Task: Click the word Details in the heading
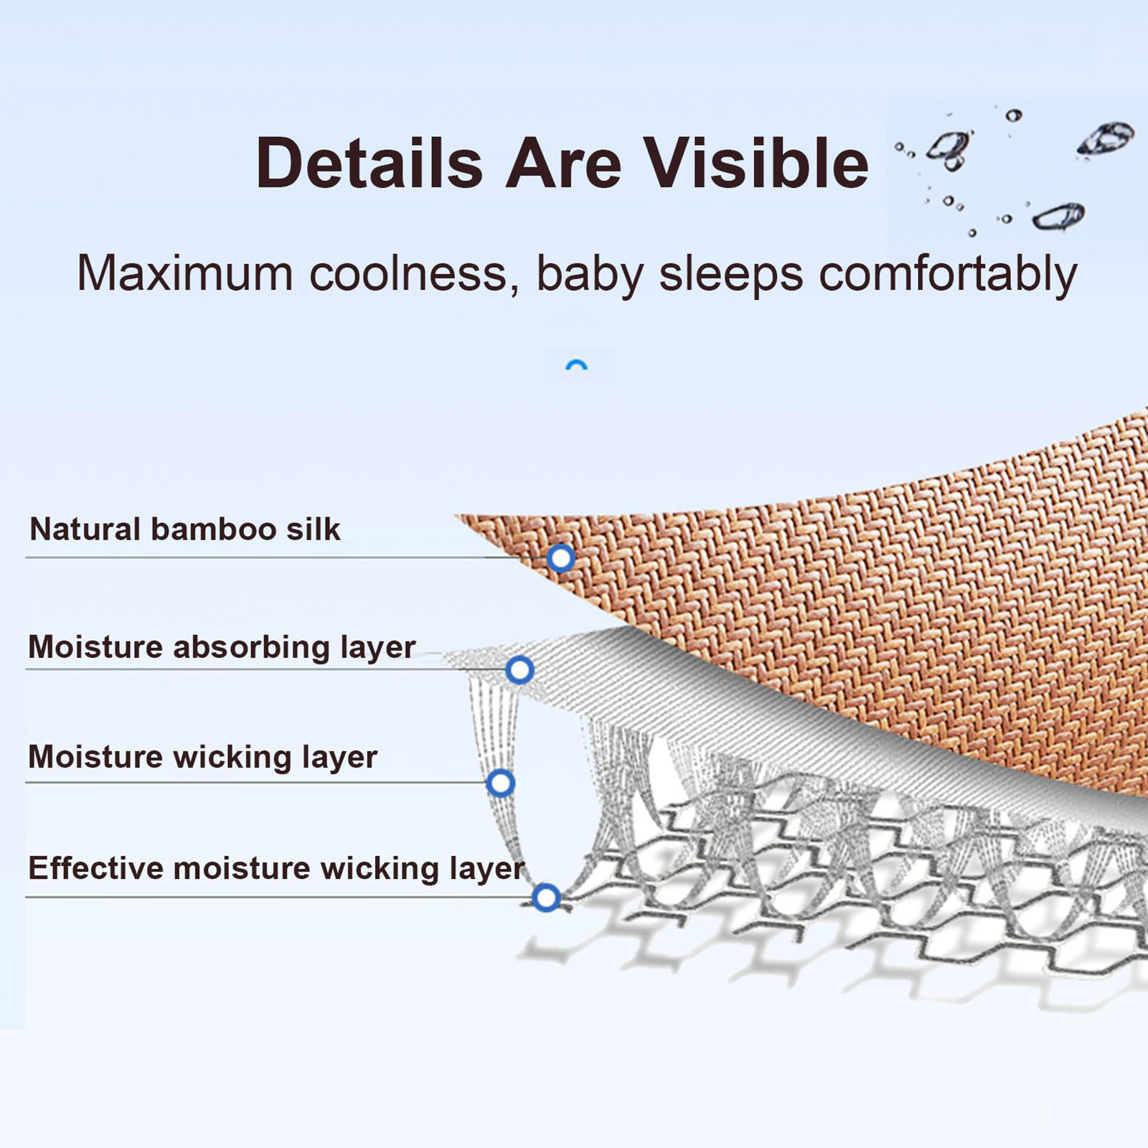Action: (370, 164)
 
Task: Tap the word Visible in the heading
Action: (756, 164)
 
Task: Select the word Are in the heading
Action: (563, 164)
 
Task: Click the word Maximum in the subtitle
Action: (185, 273)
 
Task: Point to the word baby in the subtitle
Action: (589, 275)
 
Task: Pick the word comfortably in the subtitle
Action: (948, 275)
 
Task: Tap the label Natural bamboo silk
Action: (185, 530)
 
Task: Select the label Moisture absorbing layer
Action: (222, 647)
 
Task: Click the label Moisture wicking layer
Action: (203, 758)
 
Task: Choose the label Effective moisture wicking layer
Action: (276, 869)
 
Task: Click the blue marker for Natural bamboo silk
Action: (561, 557)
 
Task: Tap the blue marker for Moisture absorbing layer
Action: (520, 670)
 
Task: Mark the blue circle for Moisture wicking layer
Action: (500, 783)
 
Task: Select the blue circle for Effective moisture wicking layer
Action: (547, 898)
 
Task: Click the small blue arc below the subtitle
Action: (577, 364)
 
